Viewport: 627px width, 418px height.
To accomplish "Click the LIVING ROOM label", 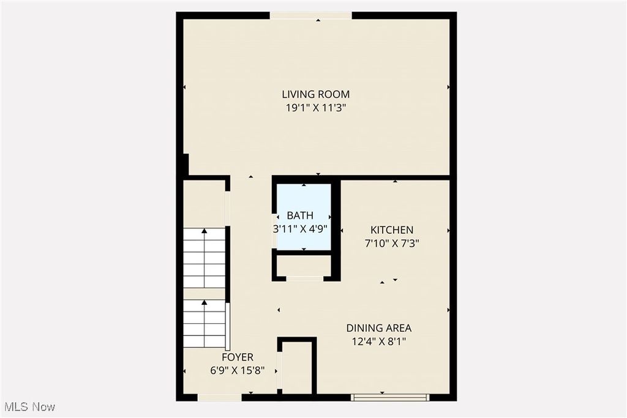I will point(315,94).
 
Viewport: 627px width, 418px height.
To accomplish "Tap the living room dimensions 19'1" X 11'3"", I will point(315,108).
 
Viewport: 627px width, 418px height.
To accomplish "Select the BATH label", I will point(300,215).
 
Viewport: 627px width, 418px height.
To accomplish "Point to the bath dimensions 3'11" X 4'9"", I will point(300,230).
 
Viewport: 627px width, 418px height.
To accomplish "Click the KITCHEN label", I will point(392,230).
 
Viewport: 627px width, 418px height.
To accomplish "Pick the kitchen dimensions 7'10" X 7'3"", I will point(392,242).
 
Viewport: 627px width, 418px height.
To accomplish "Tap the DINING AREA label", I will point(378,328).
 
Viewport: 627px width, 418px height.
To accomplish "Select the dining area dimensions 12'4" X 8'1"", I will point(378,341).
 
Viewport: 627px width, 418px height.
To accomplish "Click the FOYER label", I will point(237,357).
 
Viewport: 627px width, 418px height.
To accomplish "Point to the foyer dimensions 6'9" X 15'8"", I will point(237,370).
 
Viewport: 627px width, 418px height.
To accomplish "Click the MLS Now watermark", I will point(29,407).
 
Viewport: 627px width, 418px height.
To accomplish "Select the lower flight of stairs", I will point(205,324).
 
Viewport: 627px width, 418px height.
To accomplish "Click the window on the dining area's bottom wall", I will point(390,397).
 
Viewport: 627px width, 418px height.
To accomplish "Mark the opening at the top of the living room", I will point(311,15).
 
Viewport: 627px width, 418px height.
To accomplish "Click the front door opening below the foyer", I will point(219,397).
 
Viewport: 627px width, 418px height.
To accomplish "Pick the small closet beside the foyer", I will point(296,367).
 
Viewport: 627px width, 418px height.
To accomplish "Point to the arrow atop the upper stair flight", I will point(205,232).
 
